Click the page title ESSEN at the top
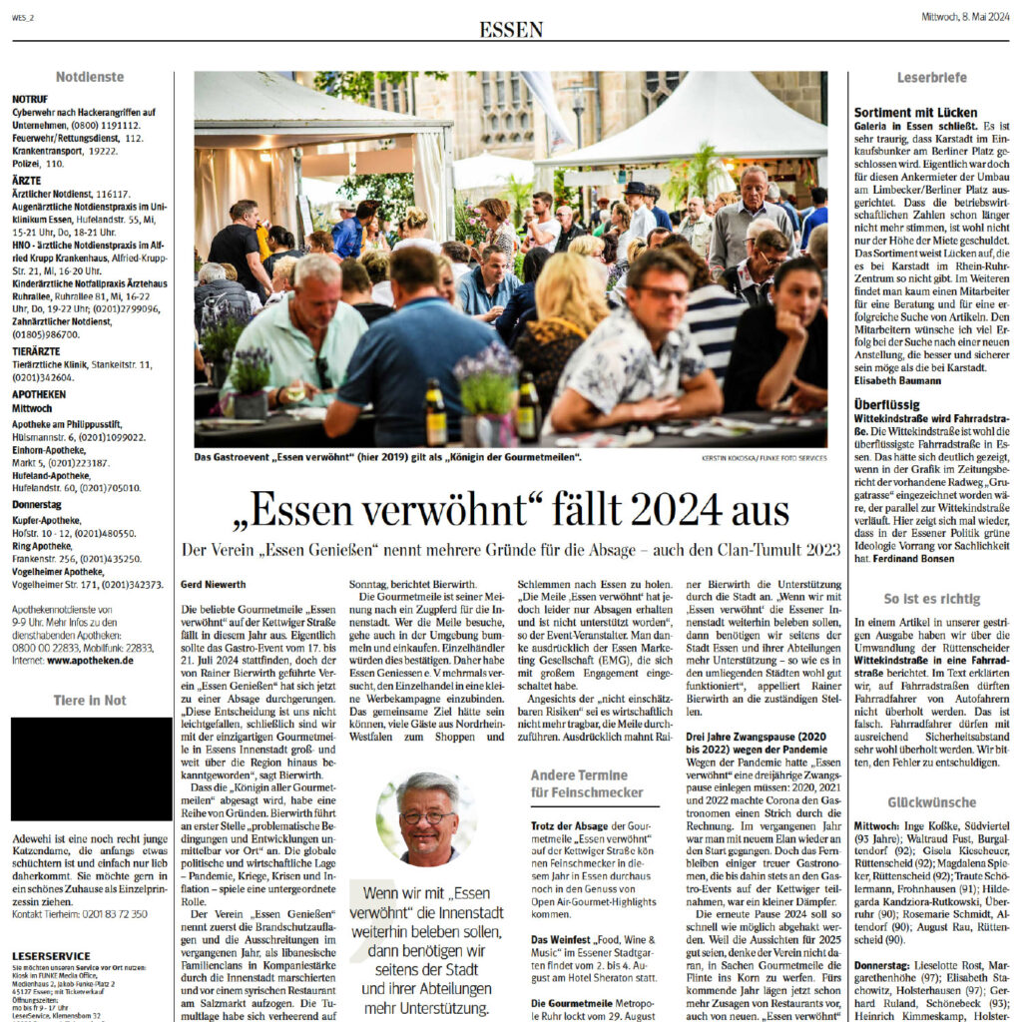pyautogui.click(x=511, y=29)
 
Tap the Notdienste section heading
pyautogui.click(x=90, y=77)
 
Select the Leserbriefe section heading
pyautogui.click(x=931, y=77)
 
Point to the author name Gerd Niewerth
pyautogui.click(x=217, y=584)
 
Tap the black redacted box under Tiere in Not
pyautogui.click(x=91, y=768)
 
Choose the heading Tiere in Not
pyautogui.click(x=90, y=701)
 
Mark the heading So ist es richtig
pyautogui.click(x=931, y=599)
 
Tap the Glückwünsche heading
pyautogui.click(x=931, y=802)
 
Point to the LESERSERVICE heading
pyautogui.click(x=52, y=956)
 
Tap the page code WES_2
pyautogui.click(x=24, y=16)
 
